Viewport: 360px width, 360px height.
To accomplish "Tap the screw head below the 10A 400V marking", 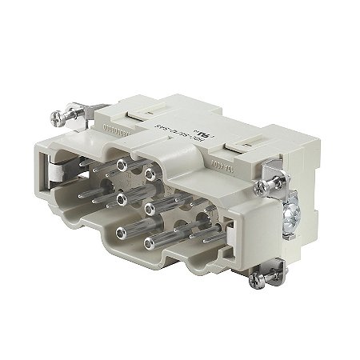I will click(261, 189).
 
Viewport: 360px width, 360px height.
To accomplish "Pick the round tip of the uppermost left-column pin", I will click(122, 165).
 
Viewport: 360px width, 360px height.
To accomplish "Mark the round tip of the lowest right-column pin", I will click(150, 239).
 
